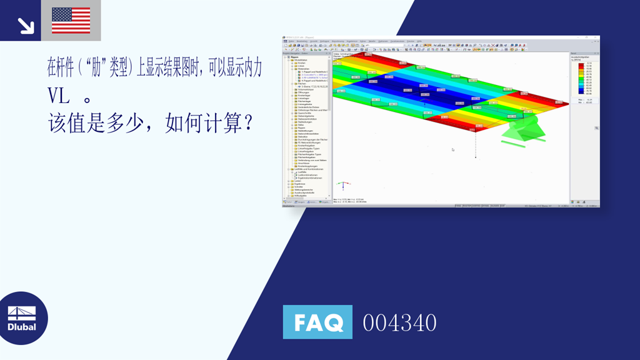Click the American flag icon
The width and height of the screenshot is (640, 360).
pos(71,20)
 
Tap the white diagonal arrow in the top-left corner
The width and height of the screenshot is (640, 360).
pos(26,25)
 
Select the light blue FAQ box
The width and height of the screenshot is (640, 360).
pos(317,322)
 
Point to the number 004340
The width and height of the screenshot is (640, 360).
pos(399,323)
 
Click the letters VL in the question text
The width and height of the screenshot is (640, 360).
pos(59,95)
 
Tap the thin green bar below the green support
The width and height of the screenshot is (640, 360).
pos(516,142)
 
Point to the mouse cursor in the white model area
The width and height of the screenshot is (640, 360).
pos(452,149)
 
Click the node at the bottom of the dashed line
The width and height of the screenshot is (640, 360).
pos(476,157)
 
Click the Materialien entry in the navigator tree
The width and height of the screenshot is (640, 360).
pos(302,69)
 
